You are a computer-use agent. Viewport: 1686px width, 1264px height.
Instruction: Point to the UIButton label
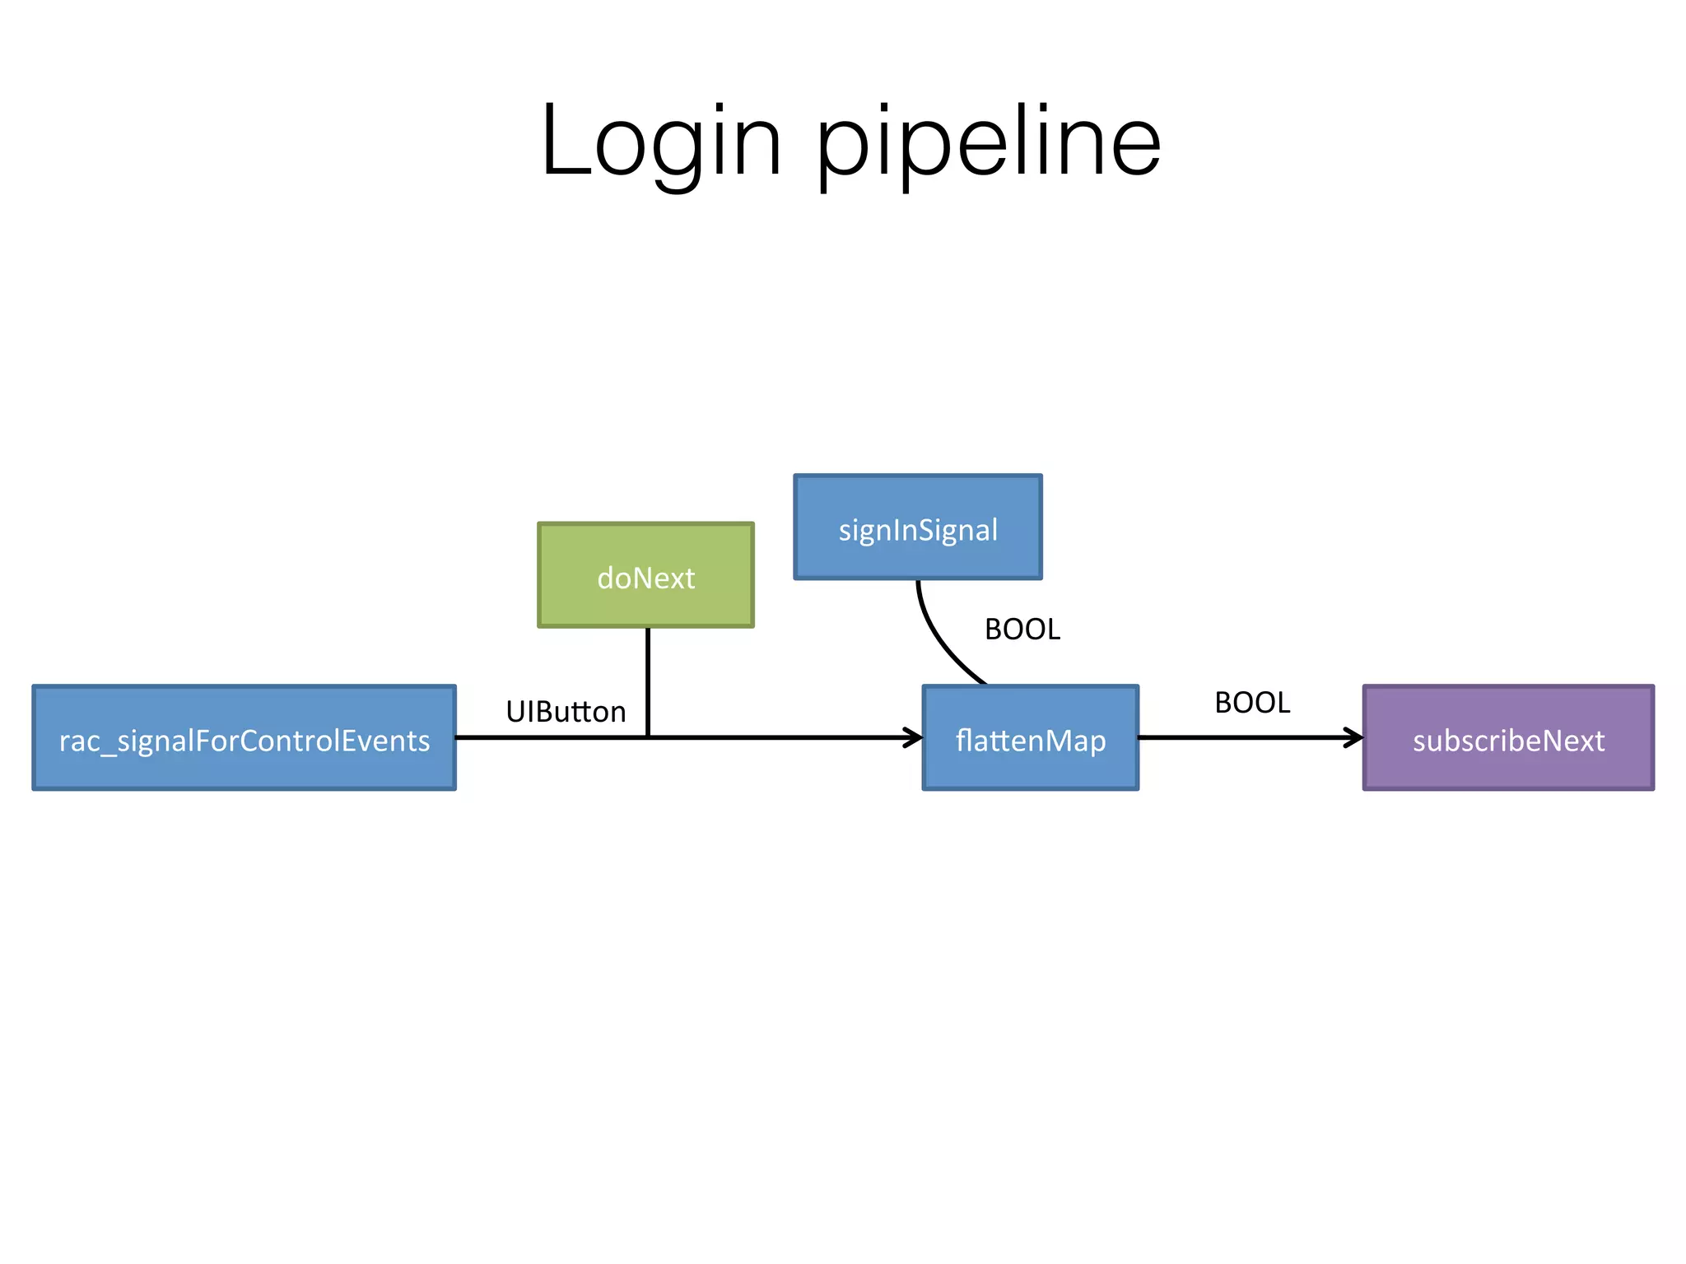[566, 712]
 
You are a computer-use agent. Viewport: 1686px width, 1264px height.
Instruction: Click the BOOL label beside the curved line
[1022, 630]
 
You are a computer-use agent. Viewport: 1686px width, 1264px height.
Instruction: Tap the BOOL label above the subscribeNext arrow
[1252, 703]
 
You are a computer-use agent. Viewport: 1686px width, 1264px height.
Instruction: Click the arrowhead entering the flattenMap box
[915, 737]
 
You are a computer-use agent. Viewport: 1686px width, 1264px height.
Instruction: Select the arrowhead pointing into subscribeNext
[1355, 737]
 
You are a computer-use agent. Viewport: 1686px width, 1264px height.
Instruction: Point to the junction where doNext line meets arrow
[648, 737]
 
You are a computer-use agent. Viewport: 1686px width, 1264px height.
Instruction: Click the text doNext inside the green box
[645, 579]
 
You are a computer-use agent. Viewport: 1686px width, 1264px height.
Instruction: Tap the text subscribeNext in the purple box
[1508, 741]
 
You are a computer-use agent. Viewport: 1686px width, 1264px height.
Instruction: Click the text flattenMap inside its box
[1030, 741]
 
